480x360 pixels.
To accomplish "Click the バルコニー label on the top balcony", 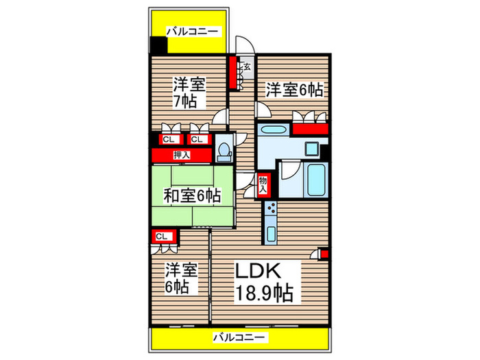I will coord(193,31).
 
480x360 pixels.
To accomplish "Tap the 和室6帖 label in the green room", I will coord(193,195).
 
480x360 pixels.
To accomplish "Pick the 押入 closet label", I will coord(182,154).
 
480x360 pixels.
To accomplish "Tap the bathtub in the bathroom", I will coord(315,179).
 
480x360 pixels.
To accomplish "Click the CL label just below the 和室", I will coord(162,237).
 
